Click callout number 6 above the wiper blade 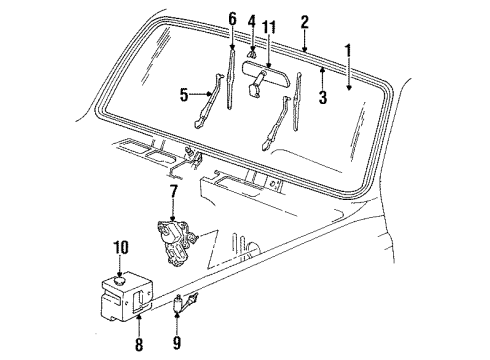(x=232, y=17)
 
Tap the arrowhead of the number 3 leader (x=322, y=71)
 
